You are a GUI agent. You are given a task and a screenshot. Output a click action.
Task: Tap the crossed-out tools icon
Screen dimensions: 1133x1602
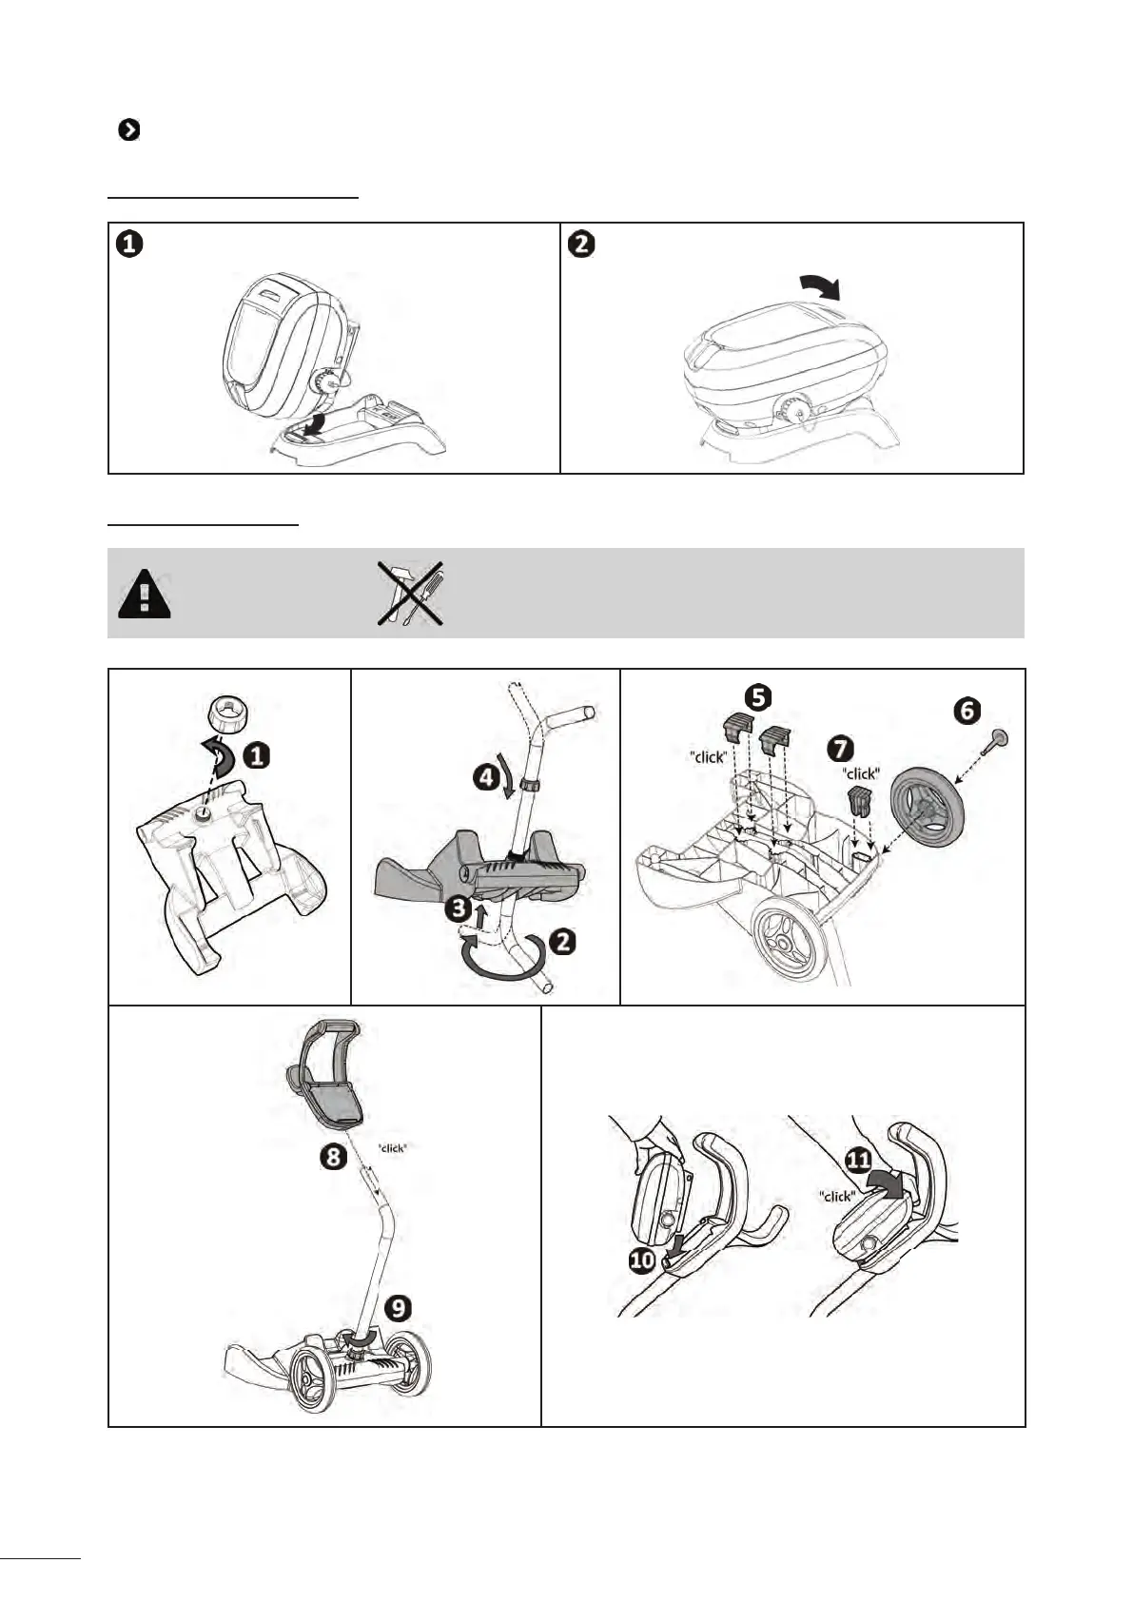(x=410, y=594)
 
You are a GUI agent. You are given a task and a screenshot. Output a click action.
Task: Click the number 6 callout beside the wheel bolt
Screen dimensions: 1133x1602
(x=966, y=710)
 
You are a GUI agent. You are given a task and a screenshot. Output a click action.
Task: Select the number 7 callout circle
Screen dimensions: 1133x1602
(x=840, y=748)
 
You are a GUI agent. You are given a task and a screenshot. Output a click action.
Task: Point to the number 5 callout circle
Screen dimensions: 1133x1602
(x=757, y=697)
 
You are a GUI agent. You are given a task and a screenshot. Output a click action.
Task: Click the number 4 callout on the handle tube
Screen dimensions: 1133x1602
(x=486, y=777)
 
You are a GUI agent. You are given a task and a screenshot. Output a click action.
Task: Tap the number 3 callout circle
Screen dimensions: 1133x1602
(x=459, y=908)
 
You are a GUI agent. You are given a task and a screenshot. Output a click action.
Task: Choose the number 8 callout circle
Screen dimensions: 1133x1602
(x=333, y=1157)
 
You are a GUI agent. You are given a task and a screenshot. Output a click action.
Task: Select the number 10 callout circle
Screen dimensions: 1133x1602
(x=643, y=1260)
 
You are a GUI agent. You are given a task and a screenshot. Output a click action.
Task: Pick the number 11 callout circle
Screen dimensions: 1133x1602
(x=858, y=1160)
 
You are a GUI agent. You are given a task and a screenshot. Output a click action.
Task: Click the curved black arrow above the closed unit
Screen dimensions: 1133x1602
(x=821, y=283)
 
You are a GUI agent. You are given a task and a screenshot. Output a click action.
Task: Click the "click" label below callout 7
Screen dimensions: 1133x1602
(x=862, y=773)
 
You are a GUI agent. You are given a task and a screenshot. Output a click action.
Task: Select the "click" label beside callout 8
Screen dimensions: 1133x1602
(x=393, y=1148)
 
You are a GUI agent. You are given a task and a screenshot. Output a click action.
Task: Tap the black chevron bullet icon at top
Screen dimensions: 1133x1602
(x=128, y=130)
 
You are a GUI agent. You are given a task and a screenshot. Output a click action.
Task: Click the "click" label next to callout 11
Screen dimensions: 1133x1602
(x=837, y=1196)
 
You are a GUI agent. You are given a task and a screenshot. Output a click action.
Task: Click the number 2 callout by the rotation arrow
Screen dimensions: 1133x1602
(x=563, y=941)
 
